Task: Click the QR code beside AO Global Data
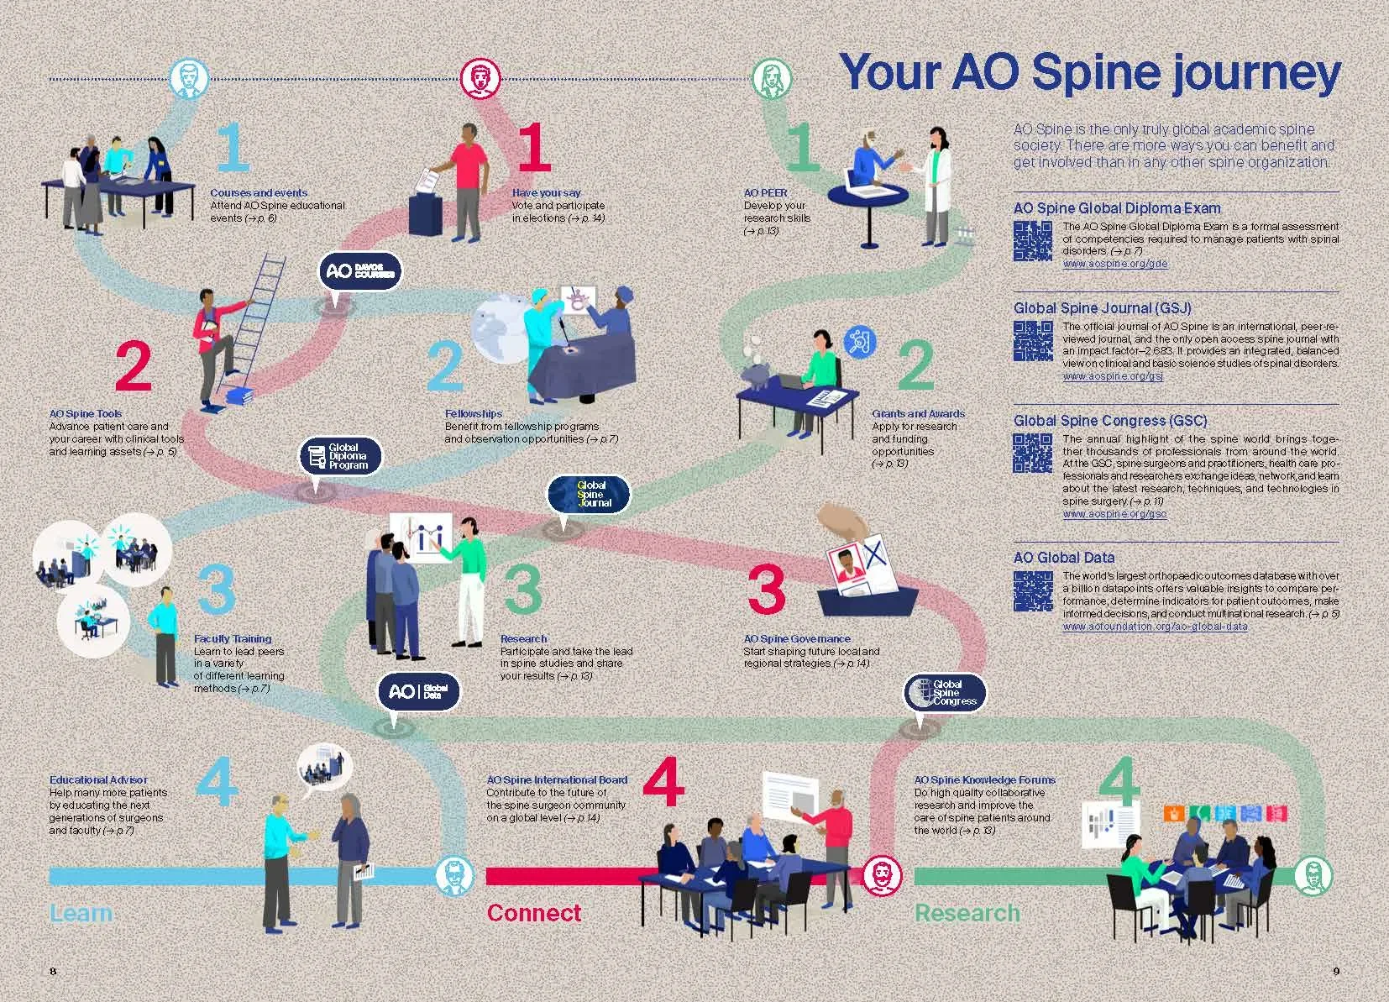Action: pos(1032,591)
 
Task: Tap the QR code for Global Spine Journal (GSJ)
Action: pos(1032,340)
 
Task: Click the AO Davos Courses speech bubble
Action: pos(361,271)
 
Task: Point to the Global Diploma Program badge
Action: pos(341,457)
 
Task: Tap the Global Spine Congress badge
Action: pos(945,693)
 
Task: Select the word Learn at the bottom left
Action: pos(81,913)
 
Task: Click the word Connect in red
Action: pos(533,913)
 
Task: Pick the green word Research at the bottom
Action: pos(967,913)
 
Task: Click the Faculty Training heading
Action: pos(233,638)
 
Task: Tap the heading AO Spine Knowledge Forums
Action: pos(984,779)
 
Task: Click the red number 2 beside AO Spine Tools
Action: pos(133,366)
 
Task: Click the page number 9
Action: pos(1336,972)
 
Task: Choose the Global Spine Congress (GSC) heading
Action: pos(1109,421)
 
